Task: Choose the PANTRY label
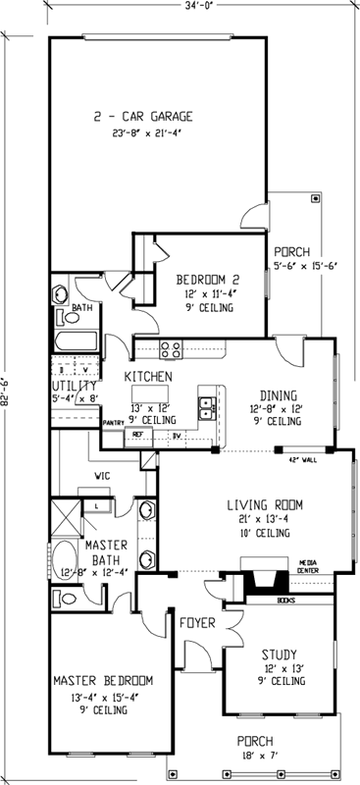(x=113, y=424)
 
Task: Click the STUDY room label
(x=279, y=654)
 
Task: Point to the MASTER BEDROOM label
(x=103, y=681)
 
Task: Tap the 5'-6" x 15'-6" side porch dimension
(x=304, y=265)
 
